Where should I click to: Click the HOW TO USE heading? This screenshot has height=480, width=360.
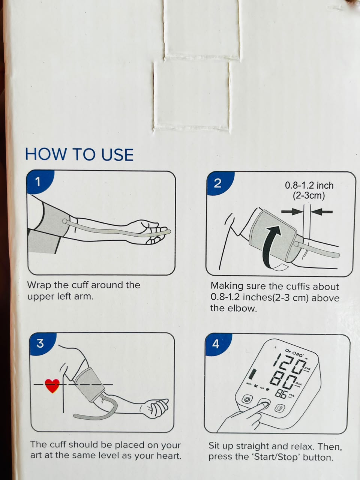(x=79, y=154)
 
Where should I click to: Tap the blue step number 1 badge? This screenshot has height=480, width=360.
(x=39, y=181)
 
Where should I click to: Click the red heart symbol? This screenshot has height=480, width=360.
(x=52, y=386)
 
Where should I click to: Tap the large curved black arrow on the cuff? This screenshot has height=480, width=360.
(x=271, y=247)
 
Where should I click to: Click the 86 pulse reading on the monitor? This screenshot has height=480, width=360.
(x=282, y=394)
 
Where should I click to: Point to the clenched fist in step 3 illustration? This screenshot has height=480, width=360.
(x=155, y=408)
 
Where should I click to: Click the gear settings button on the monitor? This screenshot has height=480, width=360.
(x=247, y=399)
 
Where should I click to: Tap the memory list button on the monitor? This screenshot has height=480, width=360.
(x=279, y=408)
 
